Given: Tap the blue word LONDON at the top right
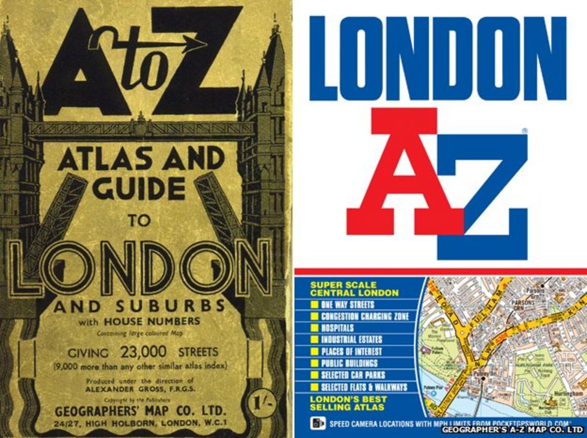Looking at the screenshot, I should [x=439, y=57].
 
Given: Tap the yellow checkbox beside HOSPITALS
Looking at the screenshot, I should [x=315, y=328].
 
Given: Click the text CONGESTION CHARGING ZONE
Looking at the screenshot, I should [x=364, y=316].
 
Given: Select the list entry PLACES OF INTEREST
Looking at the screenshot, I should [x=354, y=351].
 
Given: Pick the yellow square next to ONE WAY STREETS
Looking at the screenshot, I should [x=315, y=305].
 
